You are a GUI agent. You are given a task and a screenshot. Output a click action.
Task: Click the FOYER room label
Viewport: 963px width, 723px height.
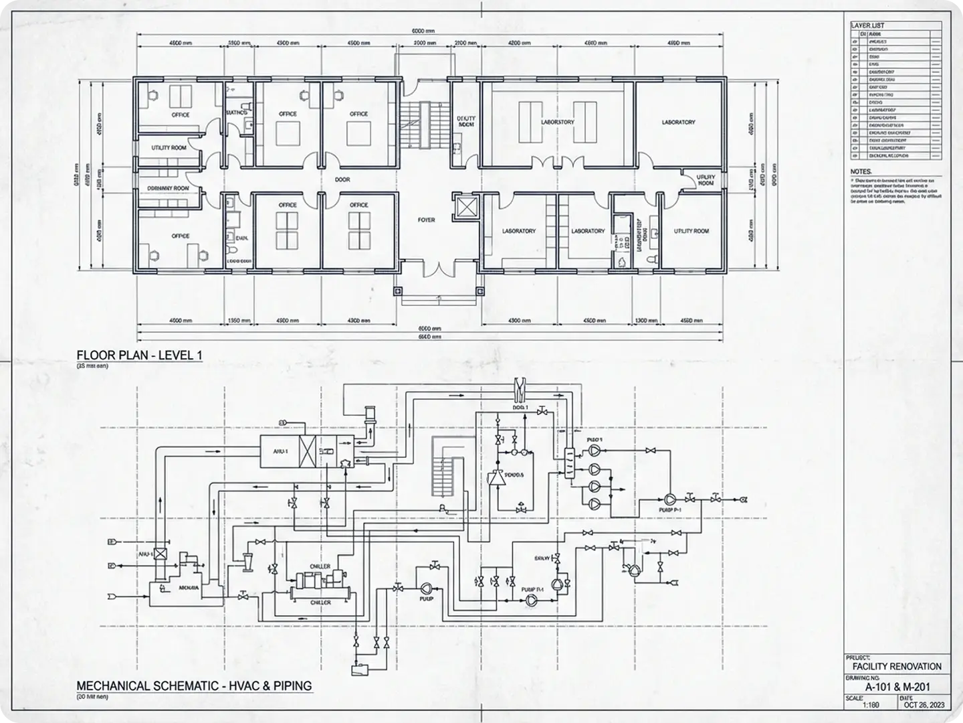[x=426, y=220]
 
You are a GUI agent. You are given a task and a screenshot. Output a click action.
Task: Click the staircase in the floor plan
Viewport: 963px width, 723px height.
[x=419, y=125]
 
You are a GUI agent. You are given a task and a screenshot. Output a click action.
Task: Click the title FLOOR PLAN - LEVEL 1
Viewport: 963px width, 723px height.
[x=139, y=355]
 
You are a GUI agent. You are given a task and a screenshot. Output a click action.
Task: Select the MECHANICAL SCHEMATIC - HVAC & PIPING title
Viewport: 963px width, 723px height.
[x=194, y=686]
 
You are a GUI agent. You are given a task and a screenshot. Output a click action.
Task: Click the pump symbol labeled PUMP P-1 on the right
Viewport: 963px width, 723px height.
[x=669, y=499]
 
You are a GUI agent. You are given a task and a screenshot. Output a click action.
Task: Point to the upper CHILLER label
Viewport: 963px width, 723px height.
[x=320, y=566]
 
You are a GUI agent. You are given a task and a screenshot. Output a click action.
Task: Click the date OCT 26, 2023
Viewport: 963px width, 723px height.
[x=924, y=705]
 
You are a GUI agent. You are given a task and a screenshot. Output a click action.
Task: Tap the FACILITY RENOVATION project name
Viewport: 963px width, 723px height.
[x=897, y=667]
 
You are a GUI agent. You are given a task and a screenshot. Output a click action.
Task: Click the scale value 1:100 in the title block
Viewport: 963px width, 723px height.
[x=871, y=705]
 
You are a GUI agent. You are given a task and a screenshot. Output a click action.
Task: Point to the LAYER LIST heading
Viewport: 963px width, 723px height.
[x=867, y=25]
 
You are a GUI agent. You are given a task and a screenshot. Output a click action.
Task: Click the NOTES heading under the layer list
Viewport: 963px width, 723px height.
[x=861, y=171]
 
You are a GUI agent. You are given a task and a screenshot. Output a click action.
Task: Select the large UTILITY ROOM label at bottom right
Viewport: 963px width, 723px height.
[x=691, y=231]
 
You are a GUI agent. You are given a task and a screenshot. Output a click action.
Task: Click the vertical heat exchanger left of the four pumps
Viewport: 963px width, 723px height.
[x=570, y=463]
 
